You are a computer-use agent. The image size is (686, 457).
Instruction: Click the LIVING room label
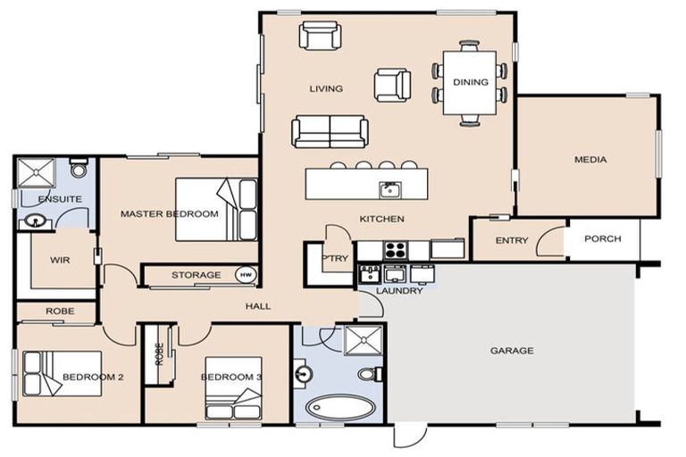326,88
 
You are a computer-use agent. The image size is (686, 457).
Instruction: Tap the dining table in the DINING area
470,83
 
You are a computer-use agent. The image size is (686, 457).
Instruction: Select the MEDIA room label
590,160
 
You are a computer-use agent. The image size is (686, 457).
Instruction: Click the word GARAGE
512,351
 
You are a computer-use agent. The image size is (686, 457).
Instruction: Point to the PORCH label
603,239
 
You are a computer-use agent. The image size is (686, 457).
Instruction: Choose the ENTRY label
512,240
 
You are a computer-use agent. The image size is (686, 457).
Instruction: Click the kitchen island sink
388,188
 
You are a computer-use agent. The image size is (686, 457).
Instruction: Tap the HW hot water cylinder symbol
245,275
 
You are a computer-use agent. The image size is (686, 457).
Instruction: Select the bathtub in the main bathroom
340,407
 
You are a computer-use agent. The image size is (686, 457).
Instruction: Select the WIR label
61,260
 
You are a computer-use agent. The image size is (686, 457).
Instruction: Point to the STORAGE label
196,275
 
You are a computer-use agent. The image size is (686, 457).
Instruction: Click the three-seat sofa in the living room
329,132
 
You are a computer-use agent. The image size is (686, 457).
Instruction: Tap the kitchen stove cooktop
394,248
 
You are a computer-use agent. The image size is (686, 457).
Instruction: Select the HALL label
258,306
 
